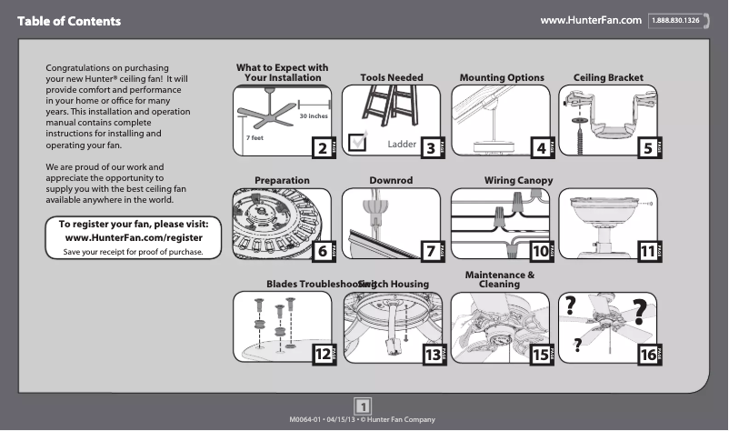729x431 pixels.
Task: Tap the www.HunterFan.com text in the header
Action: (x=591, y=19)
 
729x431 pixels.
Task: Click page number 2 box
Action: (x=320, y=147)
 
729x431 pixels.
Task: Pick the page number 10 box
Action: (x=541, y=251)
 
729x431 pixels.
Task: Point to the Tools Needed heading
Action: (x=392, y=78)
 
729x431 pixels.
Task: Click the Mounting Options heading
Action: (x=502, y=78)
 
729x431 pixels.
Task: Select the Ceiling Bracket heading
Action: (x=608, y=78)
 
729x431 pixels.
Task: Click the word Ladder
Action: (x=402, y=145)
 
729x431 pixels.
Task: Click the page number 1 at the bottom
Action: (x=364, y=406)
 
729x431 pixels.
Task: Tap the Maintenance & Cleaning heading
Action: (x=499, y=279)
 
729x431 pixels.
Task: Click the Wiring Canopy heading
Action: (x=518, y=181)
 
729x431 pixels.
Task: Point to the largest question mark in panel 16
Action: (x=641, y=312)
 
